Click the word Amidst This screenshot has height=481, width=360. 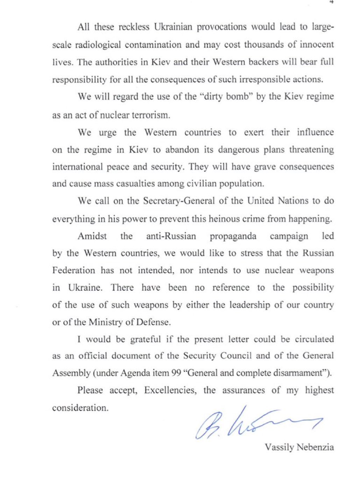coord(91,236)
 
